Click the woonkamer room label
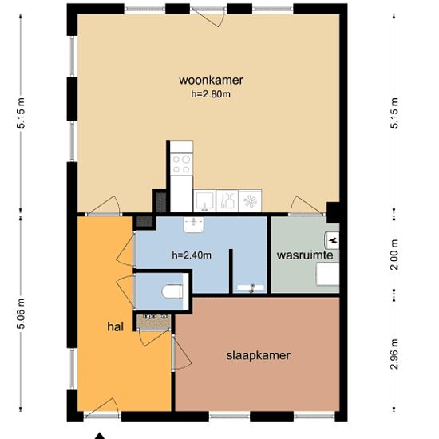[x=212, y=80]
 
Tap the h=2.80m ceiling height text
[x=212, y=94]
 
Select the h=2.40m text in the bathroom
[x=191, y=255]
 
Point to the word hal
[x=114, y=327]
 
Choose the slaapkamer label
[x=257, y=355]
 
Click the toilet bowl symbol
[x=168, y=293]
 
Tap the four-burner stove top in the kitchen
[x=181, y=163]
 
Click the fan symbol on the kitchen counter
[x=251, y=200]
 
